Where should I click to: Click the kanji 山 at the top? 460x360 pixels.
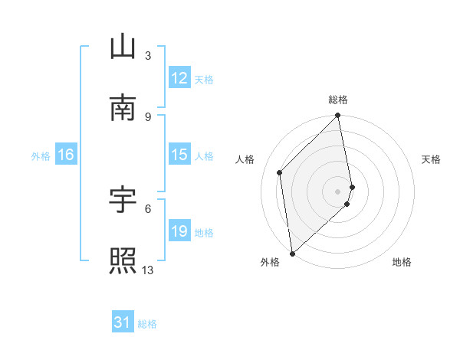pos(123,47)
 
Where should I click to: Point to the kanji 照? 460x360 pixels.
pos(123,260)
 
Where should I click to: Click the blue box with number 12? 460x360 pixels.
pos(179,78)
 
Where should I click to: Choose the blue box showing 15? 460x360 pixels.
pos(179,155)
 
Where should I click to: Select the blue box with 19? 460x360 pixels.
pos(179,231)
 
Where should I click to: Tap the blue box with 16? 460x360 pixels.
pos(65,155)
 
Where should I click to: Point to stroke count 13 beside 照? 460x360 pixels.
pos(148,270)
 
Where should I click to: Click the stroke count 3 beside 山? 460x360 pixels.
pos(148,56)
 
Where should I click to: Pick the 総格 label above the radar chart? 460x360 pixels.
pos(338,100)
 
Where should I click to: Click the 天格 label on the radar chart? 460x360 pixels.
pos(431,159)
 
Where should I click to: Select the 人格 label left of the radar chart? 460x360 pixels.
pos(245,159)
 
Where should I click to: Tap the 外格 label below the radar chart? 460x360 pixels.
pos(270,263)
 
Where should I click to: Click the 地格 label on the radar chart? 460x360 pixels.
pos(402,263)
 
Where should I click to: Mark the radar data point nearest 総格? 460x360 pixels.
pos(338,116)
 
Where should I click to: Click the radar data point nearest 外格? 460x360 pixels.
pos(292,253)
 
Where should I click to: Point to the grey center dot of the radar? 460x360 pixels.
pos(338,191)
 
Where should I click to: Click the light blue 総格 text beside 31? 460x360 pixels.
pos(147,324)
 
